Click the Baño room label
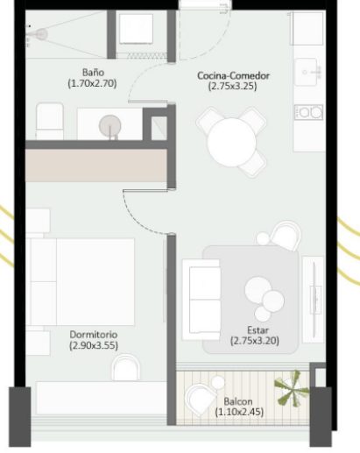tap(93, 73)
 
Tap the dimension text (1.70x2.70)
tap(92, 83)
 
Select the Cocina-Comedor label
tap(233, 75)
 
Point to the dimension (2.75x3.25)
tap(233, 87)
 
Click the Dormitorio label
tap(94, 335)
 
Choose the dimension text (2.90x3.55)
tap(94, 345)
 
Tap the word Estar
tap(258, 330)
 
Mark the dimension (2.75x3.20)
tap(255, 341)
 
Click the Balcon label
tap(238, 401)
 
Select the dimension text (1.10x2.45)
tap(239, 412)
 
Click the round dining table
tap(231, 142)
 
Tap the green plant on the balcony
tap(292, 388)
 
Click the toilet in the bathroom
tap(50, 121)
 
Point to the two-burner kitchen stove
tap(308, 112)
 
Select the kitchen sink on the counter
tap(306, 72)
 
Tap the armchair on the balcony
tap(202, 399)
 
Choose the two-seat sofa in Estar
tap(201, 300)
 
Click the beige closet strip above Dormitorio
tap(96, 166)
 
